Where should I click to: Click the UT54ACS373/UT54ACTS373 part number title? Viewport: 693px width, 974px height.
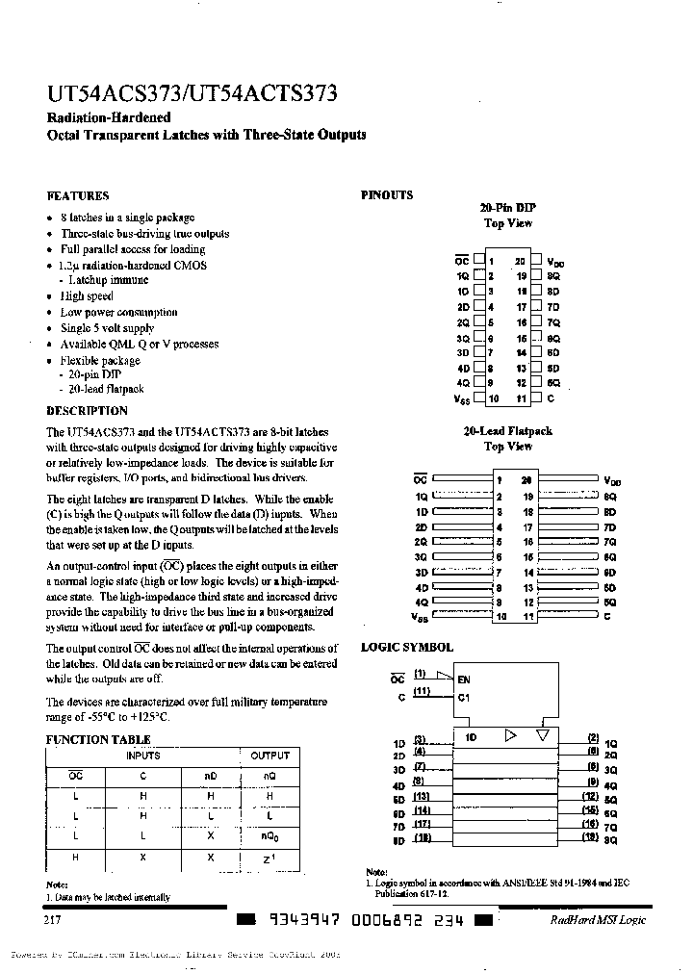(x=192, y=94)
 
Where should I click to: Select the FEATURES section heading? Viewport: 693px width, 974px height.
(x=78, y=195)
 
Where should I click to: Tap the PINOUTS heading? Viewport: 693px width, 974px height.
(x=387, y=195)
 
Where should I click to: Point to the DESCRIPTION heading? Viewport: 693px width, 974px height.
(x=87, y=411)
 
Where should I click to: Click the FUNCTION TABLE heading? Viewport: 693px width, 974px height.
(x=98, y=739)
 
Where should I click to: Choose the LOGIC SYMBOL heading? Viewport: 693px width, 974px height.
(x=406, y=648)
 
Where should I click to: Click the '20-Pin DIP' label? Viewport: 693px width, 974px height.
(x=507, y=208)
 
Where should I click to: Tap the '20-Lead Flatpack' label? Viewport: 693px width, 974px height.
(x=507, y=431)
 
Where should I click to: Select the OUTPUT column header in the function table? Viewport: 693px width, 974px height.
(x=269, y=756)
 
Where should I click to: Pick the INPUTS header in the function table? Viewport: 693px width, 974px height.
(x=143, y=756)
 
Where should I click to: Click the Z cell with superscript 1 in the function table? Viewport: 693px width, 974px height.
(x=269, y=858)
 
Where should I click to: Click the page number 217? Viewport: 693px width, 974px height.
(x=54, y=920)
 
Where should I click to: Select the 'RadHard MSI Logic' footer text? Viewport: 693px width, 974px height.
(x=598, y=921)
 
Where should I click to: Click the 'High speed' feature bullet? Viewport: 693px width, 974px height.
(x=87, y=296)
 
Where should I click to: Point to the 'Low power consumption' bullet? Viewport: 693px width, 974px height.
(x=118, y=312)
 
